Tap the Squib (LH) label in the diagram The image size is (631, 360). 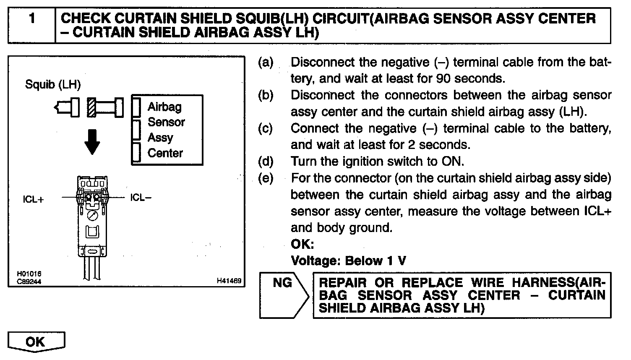[x=53, y=84]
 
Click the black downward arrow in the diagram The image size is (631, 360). [x=92, y=143]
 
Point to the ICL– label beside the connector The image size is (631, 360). [x=141, y=197]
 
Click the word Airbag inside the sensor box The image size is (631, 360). [x=164, y=107]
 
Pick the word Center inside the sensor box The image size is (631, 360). [x=165, y=153]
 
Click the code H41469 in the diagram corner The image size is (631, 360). [x=229, y=281]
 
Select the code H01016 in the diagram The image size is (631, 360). [x=29, y=274]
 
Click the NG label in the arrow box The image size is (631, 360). [x=282, y=283]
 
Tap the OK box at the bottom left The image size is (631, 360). [x=36, y=342]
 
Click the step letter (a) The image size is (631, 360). [x=265, y=63]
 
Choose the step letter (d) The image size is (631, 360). [x=265, y=162]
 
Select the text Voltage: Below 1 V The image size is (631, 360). [x=348, y=261]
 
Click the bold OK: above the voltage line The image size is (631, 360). [x=302, y=245]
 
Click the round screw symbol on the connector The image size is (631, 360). [x=93, y=215]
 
